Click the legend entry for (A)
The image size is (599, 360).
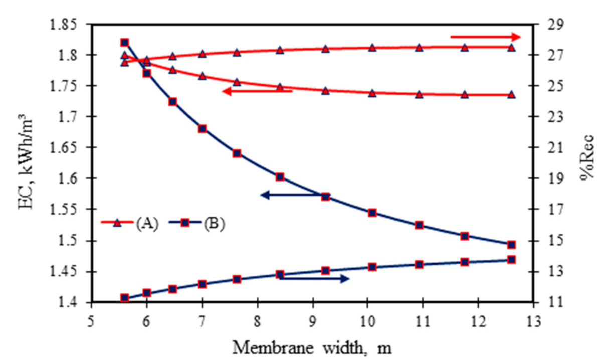pyautogui.click(x=130, y=224)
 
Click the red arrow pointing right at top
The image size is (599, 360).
pyautogui.click(x=485, y=37)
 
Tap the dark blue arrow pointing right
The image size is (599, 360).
pyautogui.click(x=313, y=279)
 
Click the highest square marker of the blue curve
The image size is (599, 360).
pyautogui.click(x=125, y=43)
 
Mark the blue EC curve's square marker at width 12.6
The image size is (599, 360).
pyautogui.click(x=511, y=245)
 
